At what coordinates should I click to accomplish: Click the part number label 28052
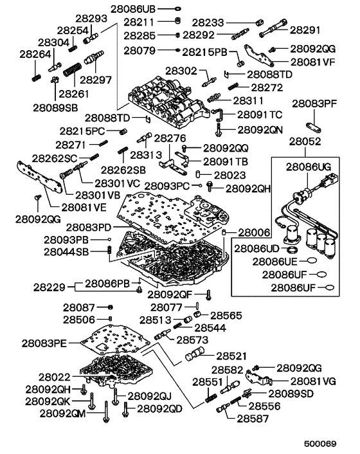305,141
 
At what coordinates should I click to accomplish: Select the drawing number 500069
320,444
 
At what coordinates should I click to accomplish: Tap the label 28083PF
314,104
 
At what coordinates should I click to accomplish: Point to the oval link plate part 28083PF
314,128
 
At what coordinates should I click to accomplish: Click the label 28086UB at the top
133,9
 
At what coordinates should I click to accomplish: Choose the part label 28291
305,30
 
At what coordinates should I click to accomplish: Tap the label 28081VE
84,207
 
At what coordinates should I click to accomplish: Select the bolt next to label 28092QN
219,129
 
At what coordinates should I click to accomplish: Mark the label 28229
50,287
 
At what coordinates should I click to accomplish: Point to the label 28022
55,377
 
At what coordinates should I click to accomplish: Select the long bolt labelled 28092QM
106,412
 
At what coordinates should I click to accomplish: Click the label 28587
253,419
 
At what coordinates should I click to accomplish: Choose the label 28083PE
44,343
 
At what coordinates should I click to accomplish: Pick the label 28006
254,233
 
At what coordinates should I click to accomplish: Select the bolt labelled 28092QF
209,295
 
